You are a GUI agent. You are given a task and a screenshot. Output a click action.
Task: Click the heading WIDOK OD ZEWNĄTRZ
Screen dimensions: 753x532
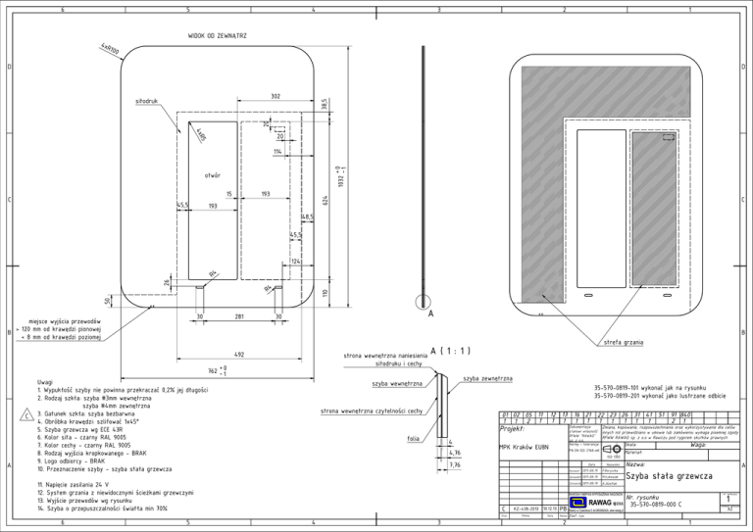click(217, 35)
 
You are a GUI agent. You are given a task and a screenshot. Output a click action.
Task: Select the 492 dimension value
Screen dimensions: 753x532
click(238, 353)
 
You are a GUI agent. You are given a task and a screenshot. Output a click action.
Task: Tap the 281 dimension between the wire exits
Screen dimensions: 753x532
click(238, 315)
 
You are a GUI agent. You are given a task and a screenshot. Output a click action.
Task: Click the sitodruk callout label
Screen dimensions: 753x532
click(146, 101)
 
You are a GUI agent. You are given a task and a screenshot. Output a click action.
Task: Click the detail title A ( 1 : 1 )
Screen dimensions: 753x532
click(452, 350)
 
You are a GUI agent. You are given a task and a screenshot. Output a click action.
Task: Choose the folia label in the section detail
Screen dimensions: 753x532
click(414, 439)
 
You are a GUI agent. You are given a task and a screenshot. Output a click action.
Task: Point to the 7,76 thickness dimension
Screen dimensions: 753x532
click(455, 465)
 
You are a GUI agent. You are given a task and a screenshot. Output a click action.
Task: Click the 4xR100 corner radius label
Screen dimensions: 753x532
click(109, 48)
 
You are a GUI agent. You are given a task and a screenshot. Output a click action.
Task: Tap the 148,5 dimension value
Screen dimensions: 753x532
click(307, 217)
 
